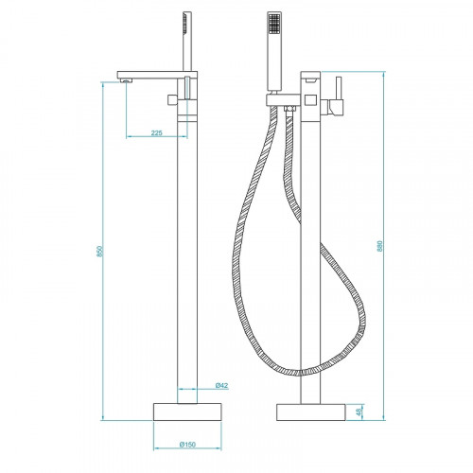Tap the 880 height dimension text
[x=380, y=244]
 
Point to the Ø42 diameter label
[x=219, y=385]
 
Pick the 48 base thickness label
[x=359, y=412]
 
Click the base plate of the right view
[x=311, y=412]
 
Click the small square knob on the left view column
[x=174, y=99]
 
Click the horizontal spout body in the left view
[x=151, y=75]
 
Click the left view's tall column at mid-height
[x=187, y=255]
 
